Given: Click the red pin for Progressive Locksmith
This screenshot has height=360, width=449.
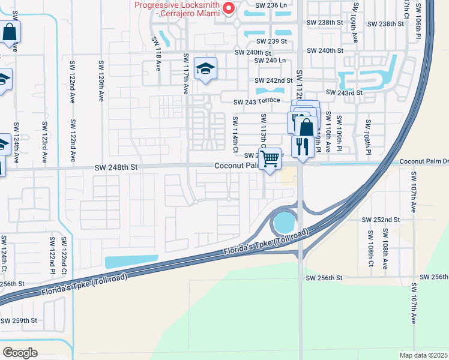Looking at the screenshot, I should coord(228,8).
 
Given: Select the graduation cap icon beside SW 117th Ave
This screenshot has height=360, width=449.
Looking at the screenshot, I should coord(205,70).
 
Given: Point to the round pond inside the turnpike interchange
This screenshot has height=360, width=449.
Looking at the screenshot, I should coord(282,224).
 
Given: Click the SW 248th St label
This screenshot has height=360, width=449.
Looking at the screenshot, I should coord(117,169).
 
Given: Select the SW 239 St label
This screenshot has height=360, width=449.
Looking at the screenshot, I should coord(273,41).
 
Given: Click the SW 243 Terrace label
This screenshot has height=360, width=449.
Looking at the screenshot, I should coord(257,101).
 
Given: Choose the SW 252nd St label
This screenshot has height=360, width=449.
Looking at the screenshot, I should coord(381,220).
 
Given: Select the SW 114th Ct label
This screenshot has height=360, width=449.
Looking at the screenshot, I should coord(236,134).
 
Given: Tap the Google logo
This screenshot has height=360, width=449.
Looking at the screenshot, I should coord(20,352).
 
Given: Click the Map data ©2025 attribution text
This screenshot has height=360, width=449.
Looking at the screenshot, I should coord(423,355).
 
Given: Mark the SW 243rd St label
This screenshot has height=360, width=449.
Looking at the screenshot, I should coord(345,92).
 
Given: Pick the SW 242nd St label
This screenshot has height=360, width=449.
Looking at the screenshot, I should coord(274,80).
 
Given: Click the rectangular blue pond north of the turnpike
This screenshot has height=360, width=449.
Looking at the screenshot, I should coord(131,262).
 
